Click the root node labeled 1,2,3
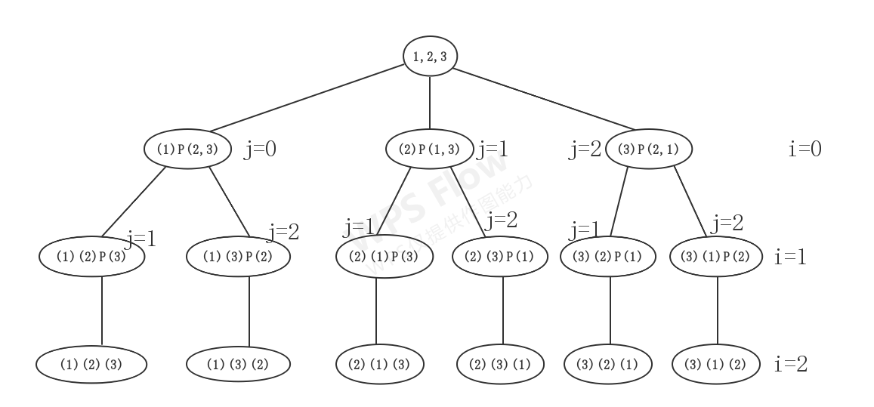point(430,56)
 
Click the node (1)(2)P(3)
point(91,257)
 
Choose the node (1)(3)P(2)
point(239,257)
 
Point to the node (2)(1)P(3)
point(384,257)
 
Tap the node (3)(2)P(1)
point(611,257)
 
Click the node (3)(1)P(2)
point(717,257)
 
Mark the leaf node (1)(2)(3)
point(91,365)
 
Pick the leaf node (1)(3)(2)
point(239,365)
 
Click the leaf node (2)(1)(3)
point(380,365)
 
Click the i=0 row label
point(805,149)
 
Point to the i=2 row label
point(791,365)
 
